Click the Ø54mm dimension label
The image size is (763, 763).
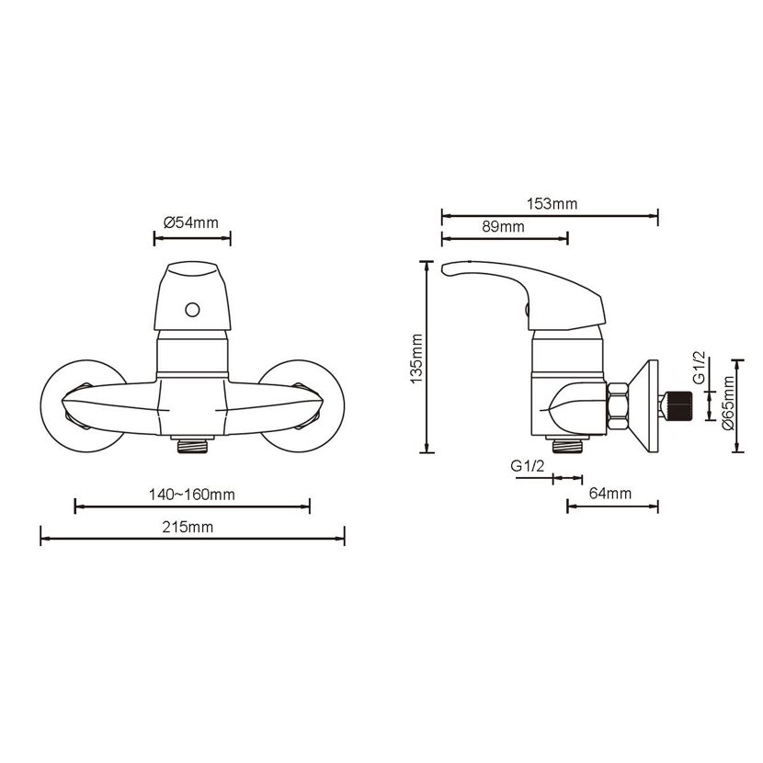(191, 222)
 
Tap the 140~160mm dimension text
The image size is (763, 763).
(192, 495)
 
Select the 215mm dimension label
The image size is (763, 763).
(188, 527)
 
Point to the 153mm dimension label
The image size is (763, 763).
(552, 204)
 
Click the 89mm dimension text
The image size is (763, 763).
(503, 227)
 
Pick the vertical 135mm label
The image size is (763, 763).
(416, 359)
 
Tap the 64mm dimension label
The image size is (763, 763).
(610, 494)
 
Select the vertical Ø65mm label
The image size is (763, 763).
(728, 403)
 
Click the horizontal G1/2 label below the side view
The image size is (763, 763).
(527, 466)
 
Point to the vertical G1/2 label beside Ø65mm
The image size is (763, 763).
(700, 367)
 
